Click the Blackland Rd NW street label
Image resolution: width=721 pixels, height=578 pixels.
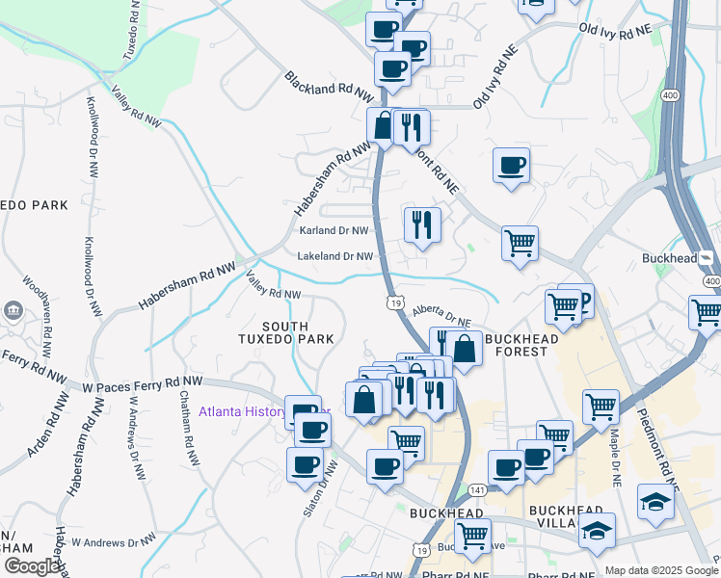click(329, 88)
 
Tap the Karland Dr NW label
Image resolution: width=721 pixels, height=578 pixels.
click(334, 231)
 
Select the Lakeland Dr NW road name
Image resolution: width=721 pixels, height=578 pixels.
click(334, 257)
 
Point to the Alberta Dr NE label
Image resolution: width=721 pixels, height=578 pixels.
click(441, 316)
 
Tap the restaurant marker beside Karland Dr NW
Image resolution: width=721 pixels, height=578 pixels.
click(422, 225)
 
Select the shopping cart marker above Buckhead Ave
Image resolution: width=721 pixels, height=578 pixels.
click(472, 536)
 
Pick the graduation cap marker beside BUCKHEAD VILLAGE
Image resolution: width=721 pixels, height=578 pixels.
click(597, 531)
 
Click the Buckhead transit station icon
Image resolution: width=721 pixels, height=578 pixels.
click(707, 258)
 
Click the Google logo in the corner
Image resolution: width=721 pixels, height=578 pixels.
click(31, 566)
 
